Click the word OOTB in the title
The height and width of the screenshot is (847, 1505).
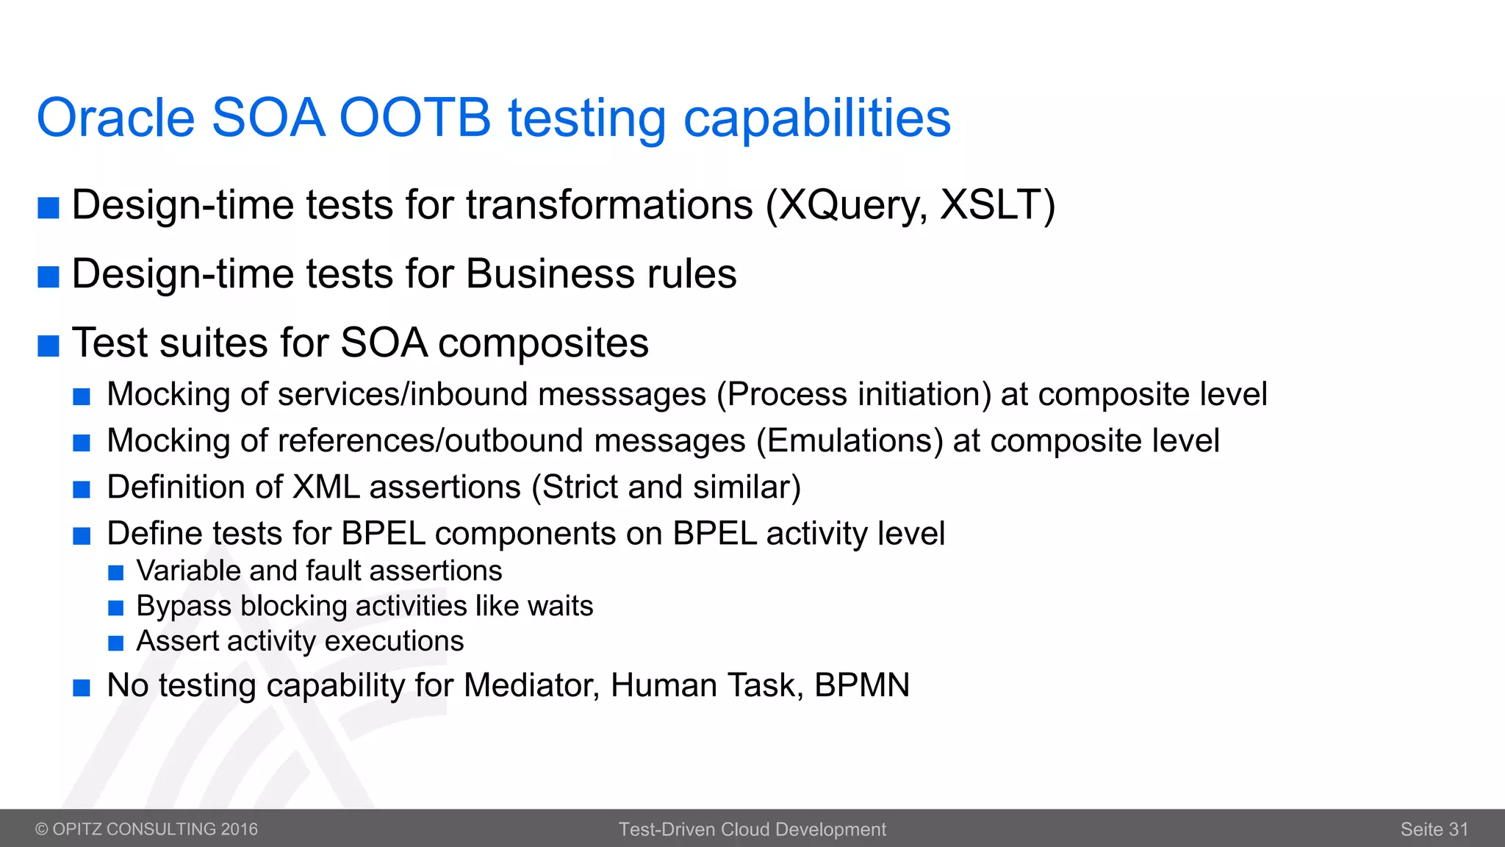pos(414,118)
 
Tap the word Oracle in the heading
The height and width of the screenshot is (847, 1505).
pos(115,118)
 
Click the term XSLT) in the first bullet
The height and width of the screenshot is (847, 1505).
pos(997,205)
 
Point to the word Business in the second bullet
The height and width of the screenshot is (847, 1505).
pos(549,274)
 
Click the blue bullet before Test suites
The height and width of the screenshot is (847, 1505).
pos(49,345)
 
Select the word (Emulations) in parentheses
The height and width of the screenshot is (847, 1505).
pos(850,441)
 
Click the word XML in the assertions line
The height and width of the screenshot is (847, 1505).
pos(326,487)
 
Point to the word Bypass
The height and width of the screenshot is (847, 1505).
pos(184,607)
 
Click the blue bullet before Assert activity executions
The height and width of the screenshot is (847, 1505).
pos(115,644)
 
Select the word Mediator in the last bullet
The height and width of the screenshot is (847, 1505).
pos(532,685)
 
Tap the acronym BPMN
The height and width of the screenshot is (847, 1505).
pos(861,685)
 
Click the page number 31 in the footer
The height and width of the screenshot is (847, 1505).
pos(1458,829)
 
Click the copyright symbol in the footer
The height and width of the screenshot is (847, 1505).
pos(42,829)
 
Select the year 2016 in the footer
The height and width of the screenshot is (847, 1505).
pos(239,829)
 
